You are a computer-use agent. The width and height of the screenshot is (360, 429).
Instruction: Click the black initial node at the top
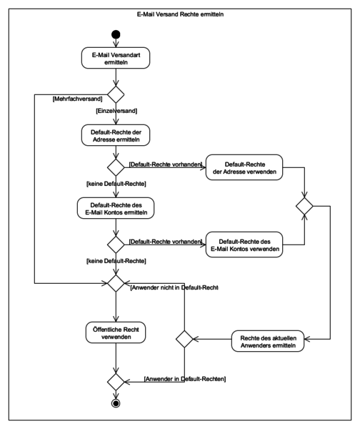click(116, 34)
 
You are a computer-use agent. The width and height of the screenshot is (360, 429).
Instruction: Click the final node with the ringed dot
click(116, 403)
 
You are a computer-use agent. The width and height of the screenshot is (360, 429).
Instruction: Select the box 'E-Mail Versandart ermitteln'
click(116, 58)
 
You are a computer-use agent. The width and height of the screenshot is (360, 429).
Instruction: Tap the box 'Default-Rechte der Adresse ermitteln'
click(116, 135)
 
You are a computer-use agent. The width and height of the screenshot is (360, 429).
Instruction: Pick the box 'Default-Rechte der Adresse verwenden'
click(244, 167)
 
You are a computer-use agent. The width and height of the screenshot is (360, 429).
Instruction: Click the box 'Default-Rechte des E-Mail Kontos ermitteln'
click(116, 208)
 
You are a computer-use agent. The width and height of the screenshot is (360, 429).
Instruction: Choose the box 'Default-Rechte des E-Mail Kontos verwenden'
click(244, 245)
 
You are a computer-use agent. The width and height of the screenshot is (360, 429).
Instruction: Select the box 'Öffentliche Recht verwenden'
click(116, 332)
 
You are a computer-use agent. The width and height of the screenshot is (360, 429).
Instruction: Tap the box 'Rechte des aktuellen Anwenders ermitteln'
click(268, 341)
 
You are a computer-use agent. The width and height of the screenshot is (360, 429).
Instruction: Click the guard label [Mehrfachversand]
click(77, 99)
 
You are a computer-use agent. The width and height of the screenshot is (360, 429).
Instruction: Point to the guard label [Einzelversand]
click(116, 111)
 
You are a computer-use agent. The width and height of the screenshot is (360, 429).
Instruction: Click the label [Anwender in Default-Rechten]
click(185, 379)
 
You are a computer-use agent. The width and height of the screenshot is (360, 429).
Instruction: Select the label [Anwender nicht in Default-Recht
click(174, 287)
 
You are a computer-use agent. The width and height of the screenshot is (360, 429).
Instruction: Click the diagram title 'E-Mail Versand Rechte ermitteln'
click(180, 14)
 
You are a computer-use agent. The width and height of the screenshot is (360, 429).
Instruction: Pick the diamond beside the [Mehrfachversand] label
click(116, 94)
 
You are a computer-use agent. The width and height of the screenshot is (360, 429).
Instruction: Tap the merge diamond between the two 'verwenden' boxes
click(304, 206)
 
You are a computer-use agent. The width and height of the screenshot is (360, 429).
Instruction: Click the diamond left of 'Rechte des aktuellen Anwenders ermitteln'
click(184, 339)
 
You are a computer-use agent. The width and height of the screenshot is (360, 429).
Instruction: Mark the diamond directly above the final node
click(116, 382)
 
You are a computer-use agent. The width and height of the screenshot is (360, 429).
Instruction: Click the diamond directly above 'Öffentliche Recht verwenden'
click(116, 283)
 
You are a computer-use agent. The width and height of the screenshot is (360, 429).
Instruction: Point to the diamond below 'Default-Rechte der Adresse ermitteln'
click(116, 167)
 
